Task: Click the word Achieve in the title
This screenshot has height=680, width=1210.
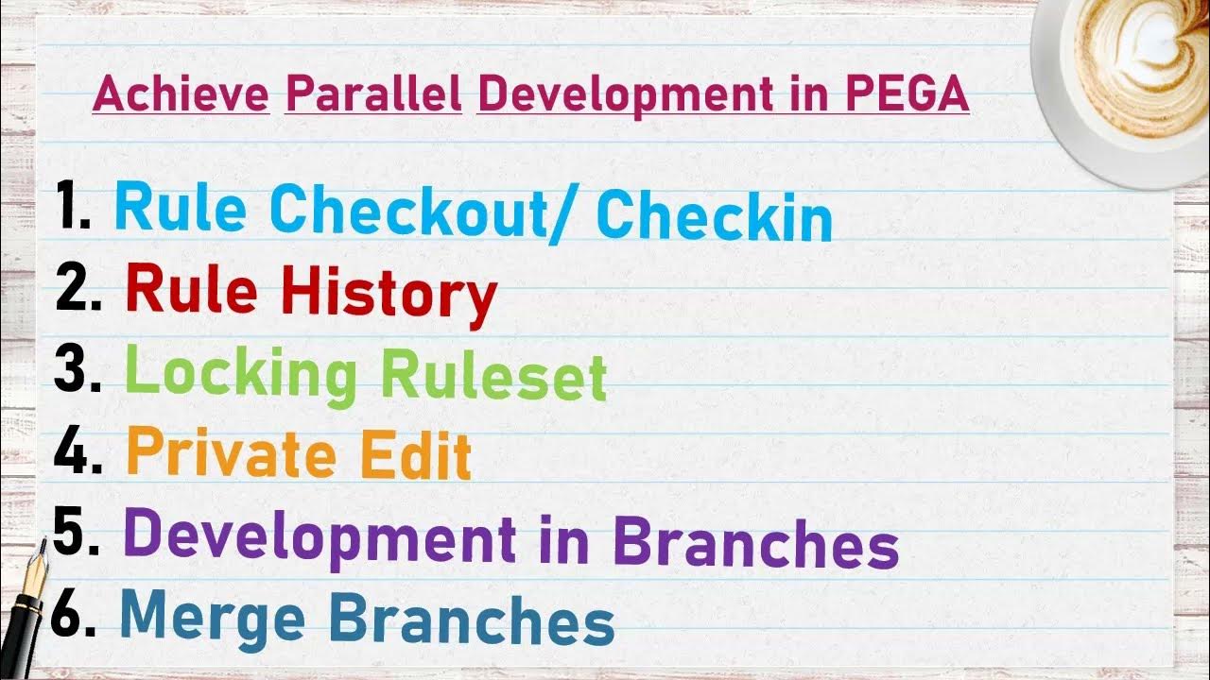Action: coord(181,95)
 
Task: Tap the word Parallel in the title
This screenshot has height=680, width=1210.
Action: coord(372,95)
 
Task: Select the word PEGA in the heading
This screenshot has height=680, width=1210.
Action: coord(907,95)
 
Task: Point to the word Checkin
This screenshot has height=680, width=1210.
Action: coord(715,216)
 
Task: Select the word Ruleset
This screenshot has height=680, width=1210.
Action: coord(493,375)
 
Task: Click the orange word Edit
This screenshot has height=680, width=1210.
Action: coord(416,455)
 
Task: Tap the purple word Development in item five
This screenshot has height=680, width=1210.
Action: coord(320,535)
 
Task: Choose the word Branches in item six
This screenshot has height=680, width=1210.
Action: coord(472,620)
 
